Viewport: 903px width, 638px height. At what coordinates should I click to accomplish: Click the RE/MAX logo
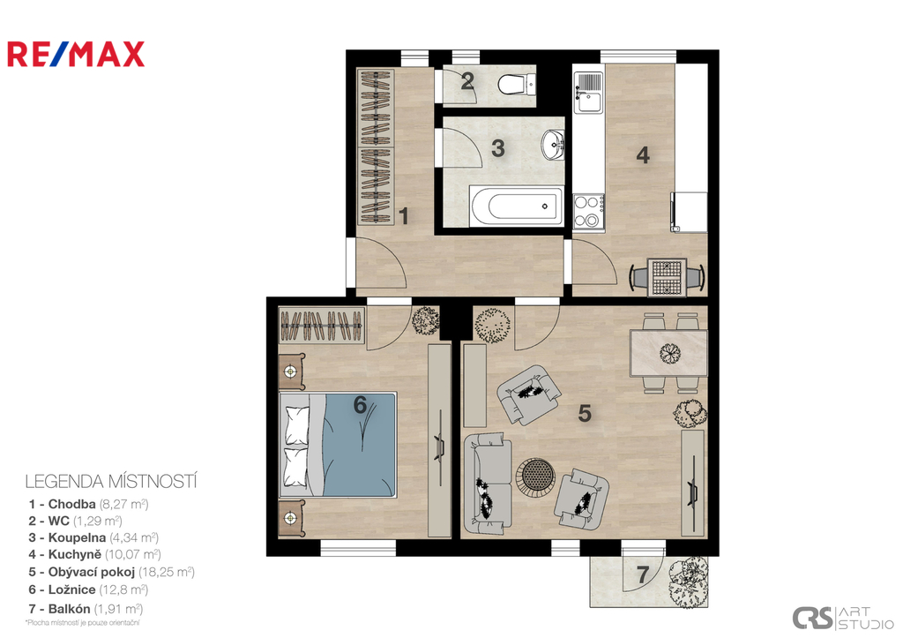coord(76,54)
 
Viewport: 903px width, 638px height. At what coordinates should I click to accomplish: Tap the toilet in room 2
coord(517,84)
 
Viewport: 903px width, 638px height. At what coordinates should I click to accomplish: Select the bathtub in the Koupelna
coord(516,206)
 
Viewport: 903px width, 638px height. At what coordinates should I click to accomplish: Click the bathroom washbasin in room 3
coord(554,145)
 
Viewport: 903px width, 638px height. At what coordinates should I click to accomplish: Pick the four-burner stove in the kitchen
coord(588,211)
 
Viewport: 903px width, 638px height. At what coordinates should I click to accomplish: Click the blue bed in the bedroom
coord(338,445)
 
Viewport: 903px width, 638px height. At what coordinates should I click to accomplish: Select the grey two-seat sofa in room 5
coord(488,483)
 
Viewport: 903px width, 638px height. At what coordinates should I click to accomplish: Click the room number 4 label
coord(643,155)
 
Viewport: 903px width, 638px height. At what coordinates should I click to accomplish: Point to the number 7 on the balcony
coord(643,574)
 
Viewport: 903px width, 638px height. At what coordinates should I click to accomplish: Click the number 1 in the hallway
coord(404,216)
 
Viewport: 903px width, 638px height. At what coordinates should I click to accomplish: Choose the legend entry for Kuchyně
coord(95,554)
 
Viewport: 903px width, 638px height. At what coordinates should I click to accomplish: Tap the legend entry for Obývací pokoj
coord(112,572)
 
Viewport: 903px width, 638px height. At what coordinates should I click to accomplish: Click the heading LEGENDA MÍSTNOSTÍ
coord(111,481)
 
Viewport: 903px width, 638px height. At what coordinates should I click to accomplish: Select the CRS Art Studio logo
coord(843,618)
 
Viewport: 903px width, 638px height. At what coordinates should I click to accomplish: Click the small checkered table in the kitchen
coord(667,277)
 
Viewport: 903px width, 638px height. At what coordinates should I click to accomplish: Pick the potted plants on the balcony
coord(688,581)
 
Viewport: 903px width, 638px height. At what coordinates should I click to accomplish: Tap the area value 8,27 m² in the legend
coord(123,504)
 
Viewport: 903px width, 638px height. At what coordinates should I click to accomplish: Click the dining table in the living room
coord(668,353)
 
